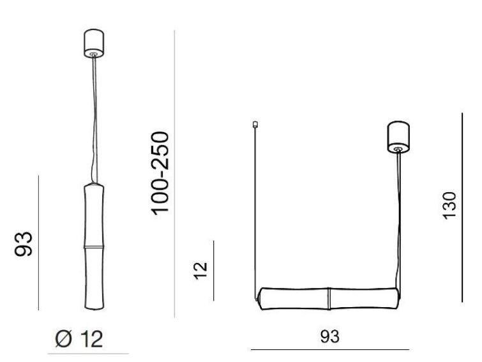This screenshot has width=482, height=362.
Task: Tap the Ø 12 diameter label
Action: tap(79, 339)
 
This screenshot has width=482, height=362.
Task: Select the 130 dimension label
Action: tap(449, 206)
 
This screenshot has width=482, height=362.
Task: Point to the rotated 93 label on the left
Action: tap(24, 244)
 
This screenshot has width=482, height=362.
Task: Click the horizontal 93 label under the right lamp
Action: tap(330, 336)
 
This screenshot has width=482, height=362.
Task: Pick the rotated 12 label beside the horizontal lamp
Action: tap(201, 271)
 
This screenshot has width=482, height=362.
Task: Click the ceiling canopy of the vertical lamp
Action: tap(94, 43)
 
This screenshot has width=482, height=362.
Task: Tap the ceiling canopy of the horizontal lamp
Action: tap(398, 137)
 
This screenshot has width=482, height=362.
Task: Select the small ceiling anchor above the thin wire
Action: tap(255, 124)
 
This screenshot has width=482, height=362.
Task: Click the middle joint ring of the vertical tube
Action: tap(94, 247)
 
